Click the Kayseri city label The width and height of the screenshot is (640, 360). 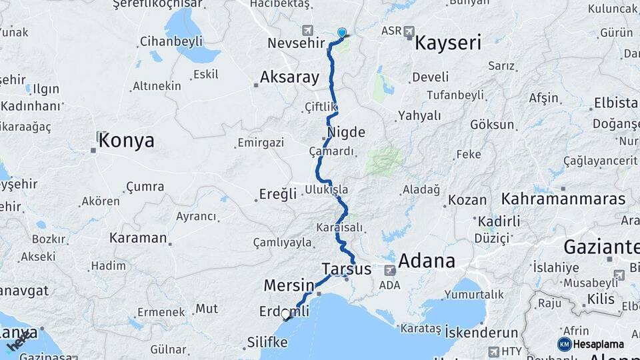(447, 44)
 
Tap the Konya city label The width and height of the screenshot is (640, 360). (127, 141)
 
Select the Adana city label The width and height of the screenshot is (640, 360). (427, 261)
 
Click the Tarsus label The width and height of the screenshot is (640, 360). (346, 269)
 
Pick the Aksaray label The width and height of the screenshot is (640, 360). (289, 77)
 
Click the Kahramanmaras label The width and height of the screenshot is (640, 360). (563, 199)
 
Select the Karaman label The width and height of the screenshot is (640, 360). (138, 237)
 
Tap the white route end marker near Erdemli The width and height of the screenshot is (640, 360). (286, 314)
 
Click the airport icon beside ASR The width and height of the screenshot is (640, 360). (409, 31)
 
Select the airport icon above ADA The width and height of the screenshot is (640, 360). (390, 270)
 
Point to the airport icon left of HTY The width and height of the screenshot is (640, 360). (493, 351)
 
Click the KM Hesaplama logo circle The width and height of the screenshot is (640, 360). (564, 344)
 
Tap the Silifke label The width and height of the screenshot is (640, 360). (267, 342)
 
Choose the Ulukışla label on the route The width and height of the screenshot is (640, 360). (326, 189)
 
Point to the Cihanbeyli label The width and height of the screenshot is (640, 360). (171, 41)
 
